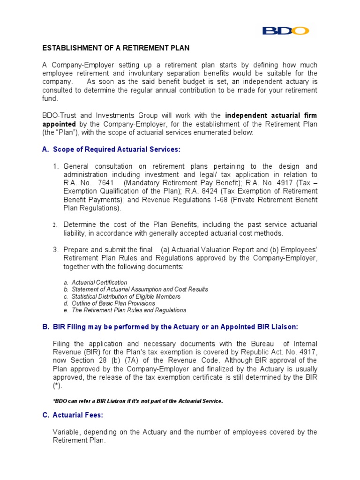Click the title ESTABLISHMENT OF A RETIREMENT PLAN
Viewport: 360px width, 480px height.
(x=116, y=48)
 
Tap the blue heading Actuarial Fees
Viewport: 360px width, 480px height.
(x=78, y=415)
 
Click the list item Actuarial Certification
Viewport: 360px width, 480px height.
(x=99, y=283)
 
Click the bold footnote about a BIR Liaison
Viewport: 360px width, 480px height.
(x=138, y=401)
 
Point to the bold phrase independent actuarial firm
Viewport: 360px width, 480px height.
(x=271, y=116)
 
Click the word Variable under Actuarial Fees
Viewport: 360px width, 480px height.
(x=66, y=432)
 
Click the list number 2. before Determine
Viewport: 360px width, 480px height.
(x=55, y=225)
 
